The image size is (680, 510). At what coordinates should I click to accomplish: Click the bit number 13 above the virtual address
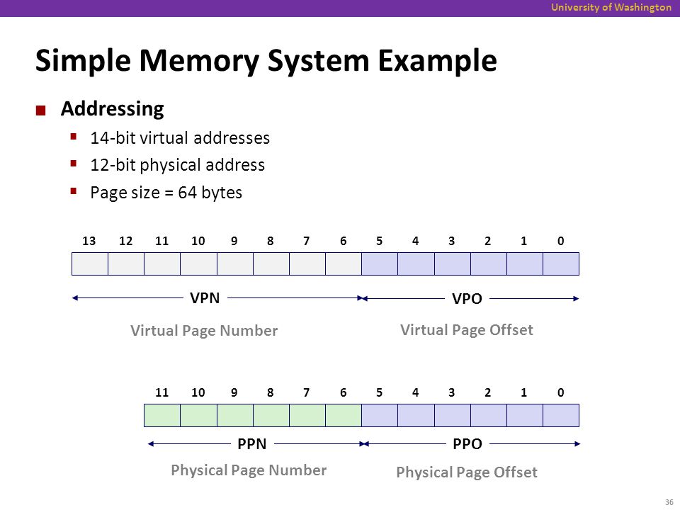coord(89,241)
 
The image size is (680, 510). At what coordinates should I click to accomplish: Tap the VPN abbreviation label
coord(205,298)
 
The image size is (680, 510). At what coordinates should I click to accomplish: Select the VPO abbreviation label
coord(467,299)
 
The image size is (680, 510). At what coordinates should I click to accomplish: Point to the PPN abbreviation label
coord(252,444)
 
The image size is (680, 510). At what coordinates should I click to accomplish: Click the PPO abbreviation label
coord(467,444)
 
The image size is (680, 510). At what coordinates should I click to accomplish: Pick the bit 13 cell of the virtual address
coord(90,263)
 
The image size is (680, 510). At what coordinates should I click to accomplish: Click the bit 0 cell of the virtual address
coord(561,263)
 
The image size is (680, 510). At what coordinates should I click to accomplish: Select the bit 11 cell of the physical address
coord(162,416)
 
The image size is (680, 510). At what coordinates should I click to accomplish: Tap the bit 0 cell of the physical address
coord(561,416)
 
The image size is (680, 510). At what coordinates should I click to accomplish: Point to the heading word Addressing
coord(113,109)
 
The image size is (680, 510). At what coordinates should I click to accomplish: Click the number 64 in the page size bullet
coord(187,193)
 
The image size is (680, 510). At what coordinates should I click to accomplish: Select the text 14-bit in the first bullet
coord(113,138)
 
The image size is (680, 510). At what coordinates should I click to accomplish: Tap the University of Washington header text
coord(611,7)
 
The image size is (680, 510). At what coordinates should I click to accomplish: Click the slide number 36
coord(669,502)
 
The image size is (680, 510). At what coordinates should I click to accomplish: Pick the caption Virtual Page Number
coord(204,331)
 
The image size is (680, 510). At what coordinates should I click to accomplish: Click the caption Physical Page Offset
coord(467,472)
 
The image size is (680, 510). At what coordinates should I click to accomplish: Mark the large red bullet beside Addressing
coord(41,110)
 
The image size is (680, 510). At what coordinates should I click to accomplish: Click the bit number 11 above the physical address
coord(161,393)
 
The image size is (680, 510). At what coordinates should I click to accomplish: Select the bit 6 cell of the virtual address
coord(344,263)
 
